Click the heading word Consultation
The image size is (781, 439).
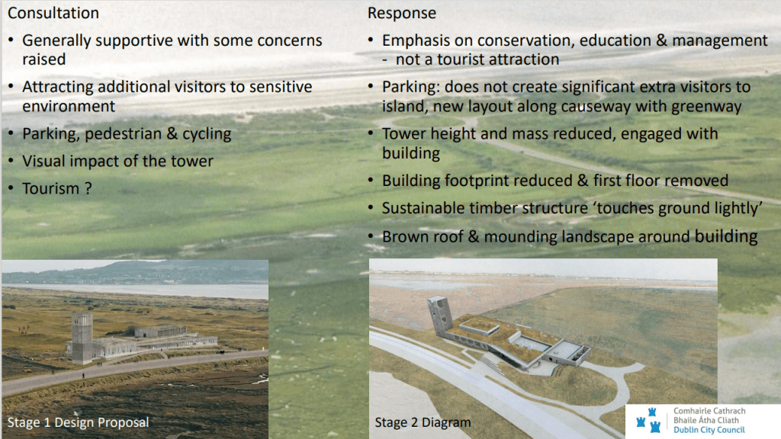(53, 13)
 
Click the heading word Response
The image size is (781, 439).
(402, 13)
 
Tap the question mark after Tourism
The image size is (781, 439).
(88, 188)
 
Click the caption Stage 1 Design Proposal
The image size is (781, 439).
(79, 422)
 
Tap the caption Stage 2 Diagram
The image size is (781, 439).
(423, 422)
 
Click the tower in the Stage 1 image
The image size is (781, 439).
(82, 337)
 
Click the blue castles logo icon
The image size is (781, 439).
(649, 420)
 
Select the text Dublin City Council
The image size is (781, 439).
(709, 430)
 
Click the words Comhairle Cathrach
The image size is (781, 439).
(709, 411)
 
